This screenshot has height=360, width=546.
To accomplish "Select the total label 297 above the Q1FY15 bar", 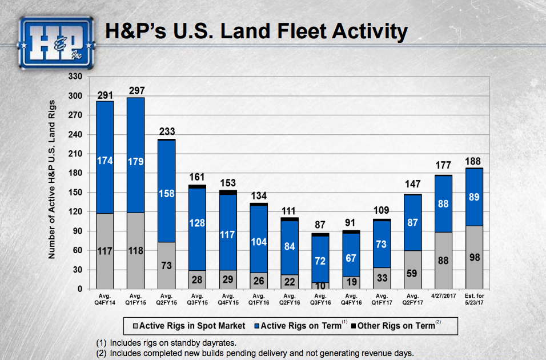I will coord(136,91).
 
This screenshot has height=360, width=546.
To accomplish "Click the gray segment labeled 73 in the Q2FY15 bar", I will coord(167,266).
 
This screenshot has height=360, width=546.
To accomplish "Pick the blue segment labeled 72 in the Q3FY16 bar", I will coord(320,260).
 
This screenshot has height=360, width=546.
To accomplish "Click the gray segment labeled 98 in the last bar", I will coord(475,257).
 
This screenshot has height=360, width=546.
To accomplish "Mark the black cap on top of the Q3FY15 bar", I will coord(198,186).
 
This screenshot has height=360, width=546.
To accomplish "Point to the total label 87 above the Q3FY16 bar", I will coord(320,225).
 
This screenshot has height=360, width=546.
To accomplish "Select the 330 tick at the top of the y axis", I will coord(77,76).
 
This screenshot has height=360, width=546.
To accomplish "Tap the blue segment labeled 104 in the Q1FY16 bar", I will coord(259,241).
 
